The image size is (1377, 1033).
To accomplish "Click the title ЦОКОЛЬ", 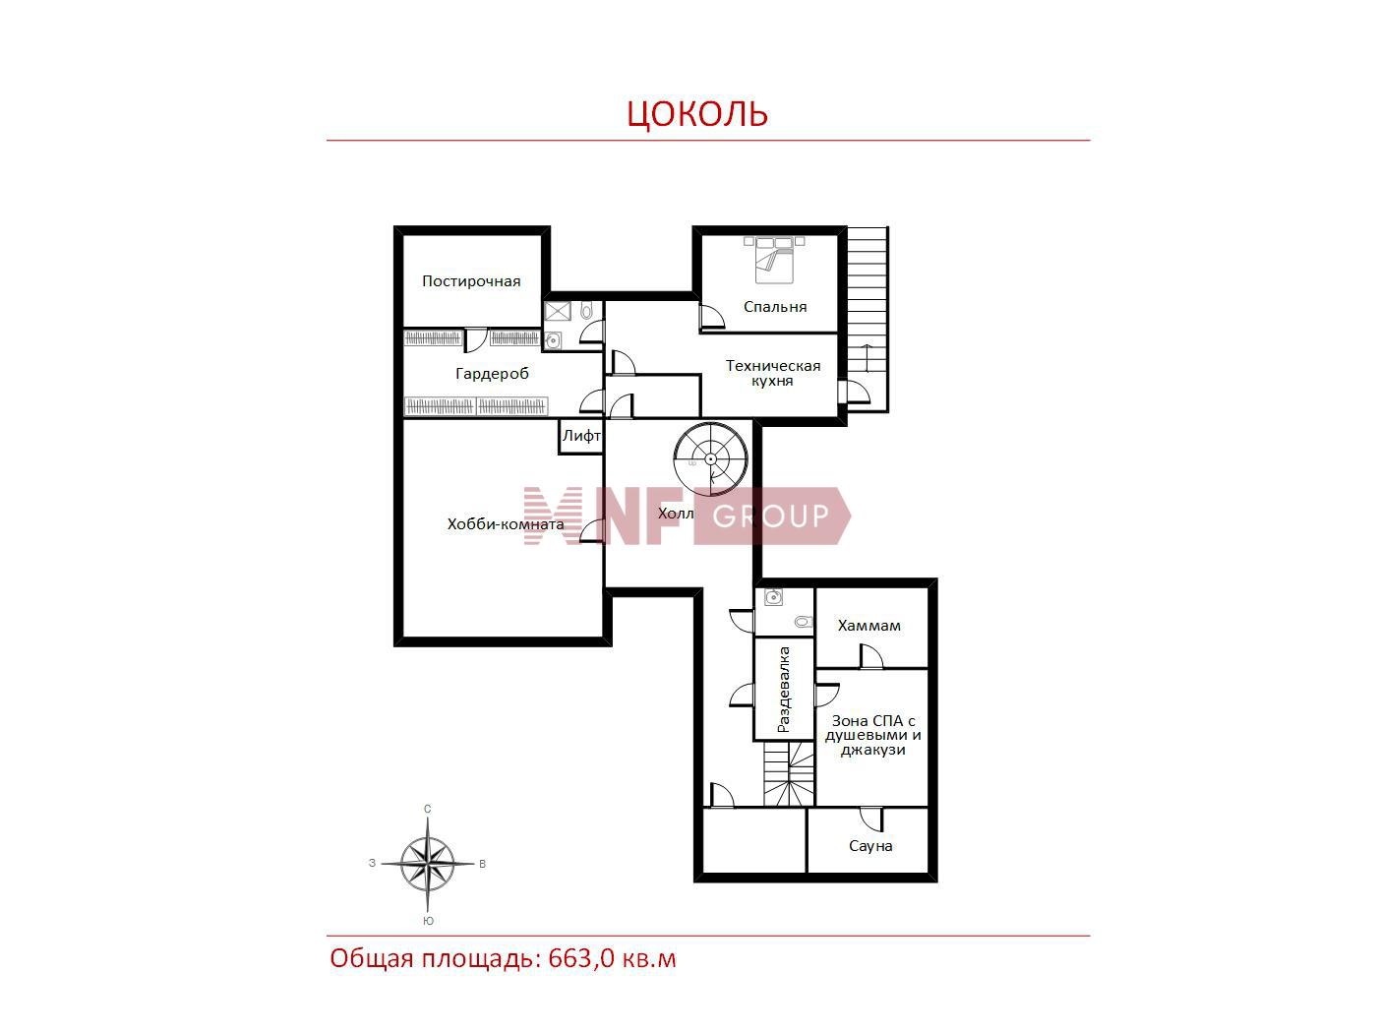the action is coord(697,114).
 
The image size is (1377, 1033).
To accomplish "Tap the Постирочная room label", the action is coord(471,281).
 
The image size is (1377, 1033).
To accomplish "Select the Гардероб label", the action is coord(492,374).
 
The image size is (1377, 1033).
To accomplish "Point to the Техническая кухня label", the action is coord(773,373).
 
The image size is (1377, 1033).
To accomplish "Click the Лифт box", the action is coord(580,436).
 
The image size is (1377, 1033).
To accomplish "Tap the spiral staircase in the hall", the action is coord(711,459).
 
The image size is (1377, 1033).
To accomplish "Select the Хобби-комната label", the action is coord(505,523).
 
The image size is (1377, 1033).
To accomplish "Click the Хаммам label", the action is coord(868,626).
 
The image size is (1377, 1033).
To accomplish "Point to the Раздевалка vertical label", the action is coord(784,690).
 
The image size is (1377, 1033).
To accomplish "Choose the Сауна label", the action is coord(870,846).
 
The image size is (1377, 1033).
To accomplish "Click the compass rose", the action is coord(428,865).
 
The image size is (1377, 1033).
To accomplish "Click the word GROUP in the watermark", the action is coord(770,516).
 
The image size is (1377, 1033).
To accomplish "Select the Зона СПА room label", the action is coord(872,735).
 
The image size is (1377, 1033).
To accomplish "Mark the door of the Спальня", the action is coord(712,317).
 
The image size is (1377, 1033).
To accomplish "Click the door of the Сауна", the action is coord(872,819).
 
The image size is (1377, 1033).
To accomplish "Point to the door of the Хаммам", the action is coord(872,656).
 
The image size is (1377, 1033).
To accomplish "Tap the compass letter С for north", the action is coord(427,809).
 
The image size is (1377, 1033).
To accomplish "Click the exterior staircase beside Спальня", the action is coord(868,319).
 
